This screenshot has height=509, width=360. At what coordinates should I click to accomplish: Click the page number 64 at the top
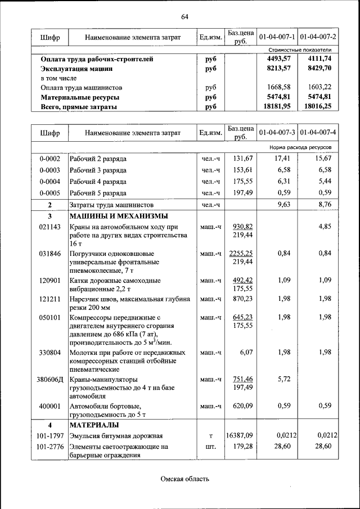184,16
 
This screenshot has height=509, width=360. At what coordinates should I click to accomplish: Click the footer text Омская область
184,479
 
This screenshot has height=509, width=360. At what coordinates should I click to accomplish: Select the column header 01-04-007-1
277,37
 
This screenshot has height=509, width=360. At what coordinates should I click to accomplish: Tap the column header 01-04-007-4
318,133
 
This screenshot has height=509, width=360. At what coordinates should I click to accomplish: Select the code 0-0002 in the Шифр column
49,159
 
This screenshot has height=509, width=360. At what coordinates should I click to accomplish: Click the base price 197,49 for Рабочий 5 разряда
241,193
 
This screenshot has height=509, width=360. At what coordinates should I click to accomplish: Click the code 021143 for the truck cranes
49,227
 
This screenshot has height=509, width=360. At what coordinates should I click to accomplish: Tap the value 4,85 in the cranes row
325,227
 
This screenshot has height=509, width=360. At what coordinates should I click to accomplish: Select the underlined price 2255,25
241,254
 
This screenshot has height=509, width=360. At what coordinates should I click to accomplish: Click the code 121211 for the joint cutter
49,299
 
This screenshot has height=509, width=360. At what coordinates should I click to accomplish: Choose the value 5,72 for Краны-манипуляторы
283,380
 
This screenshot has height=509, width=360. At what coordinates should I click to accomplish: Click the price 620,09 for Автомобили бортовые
241,406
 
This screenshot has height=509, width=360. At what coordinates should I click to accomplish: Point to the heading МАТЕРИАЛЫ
93,424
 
